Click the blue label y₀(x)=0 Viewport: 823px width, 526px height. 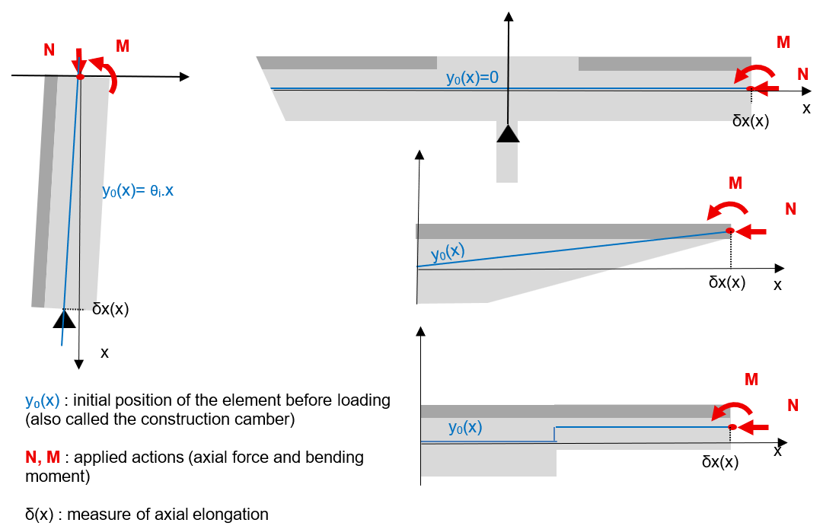472,78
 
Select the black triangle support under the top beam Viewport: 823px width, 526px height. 508,133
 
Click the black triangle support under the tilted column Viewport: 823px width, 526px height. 64,319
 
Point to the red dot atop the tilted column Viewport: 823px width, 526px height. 80,77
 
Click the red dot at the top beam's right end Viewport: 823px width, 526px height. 750,90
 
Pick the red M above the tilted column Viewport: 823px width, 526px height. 122,46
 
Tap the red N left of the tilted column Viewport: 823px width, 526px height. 49,50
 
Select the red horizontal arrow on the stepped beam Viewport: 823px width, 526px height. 754,426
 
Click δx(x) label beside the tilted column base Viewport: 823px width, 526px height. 110,309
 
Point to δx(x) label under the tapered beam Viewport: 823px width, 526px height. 727,282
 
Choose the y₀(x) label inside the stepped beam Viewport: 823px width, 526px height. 465,428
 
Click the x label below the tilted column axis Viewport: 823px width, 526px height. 105,352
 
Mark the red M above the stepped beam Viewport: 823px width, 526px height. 751,378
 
